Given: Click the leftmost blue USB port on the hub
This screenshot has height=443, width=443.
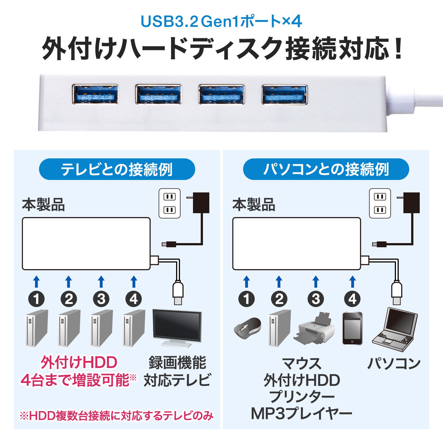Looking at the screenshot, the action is pos(95,94).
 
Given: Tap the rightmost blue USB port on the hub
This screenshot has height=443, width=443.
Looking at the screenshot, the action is pos(285,94).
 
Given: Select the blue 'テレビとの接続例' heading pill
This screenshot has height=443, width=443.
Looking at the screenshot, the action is pos(117,169).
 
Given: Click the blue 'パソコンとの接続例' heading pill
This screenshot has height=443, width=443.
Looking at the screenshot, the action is pos(326,169).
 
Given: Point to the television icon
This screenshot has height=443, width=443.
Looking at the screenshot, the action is pos(177,328).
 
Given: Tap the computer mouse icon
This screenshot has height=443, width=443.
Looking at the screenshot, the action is pos(247,328).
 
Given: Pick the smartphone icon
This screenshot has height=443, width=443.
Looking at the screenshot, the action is pos(352,328).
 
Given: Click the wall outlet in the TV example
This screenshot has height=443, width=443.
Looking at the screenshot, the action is pos(169,203).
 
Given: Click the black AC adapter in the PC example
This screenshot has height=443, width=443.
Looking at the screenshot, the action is pos(411,203).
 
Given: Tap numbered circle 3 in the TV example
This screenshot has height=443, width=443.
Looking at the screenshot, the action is pos(101,299).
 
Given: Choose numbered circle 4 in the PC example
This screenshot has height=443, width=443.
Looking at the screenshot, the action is pos(352,299).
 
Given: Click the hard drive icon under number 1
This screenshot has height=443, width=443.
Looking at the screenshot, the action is pos(37,328).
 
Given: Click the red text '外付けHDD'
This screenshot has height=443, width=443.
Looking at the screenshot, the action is pos(79,362).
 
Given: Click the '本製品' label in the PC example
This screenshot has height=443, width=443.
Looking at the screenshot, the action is pos(254,205).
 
